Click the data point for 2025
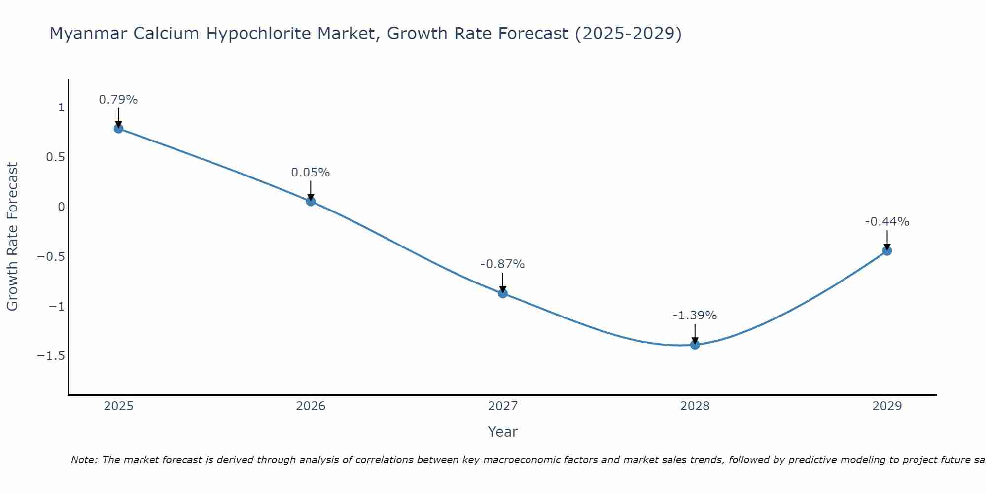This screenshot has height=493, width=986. pos(118,128)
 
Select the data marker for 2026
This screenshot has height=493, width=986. pos(311,201)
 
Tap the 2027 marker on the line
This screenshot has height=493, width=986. pos(503,293)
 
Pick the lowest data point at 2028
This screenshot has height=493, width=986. pos(695,345)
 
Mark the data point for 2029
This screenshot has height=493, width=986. pos(887,250)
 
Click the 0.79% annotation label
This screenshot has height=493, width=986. pos(118,100)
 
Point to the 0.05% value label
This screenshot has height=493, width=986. pos(311,173)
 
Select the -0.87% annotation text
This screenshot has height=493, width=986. pos(503,264)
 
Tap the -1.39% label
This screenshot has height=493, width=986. pos(695,316)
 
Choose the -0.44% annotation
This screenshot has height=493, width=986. pos(887,222)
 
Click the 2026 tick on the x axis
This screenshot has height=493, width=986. pos(311,406)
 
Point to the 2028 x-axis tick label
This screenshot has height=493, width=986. pos(695,406)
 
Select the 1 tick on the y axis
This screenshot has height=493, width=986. pos(61,107)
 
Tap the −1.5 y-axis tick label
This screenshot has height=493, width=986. pos(51,356)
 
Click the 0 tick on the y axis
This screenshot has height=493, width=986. pos(61,207)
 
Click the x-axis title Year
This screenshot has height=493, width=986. pos(502,432)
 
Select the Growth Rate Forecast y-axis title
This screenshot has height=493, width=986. pos(12,237)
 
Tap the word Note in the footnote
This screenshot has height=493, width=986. pos(84,460)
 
